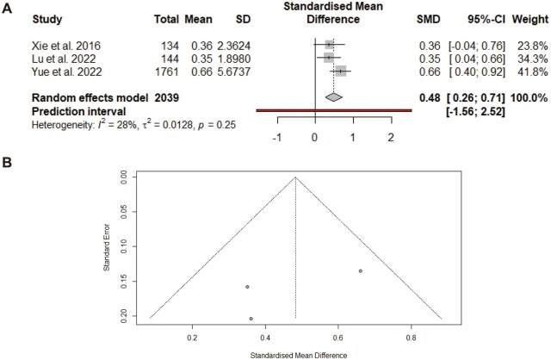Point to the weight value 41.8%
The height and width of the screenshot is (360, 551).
530,71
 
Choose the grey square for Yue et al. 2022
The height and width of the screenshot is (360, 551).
341,71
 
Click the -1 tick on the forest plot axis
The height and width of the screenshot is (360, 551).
276,137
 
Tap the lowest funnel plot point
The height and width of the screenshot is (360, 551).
251,319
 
